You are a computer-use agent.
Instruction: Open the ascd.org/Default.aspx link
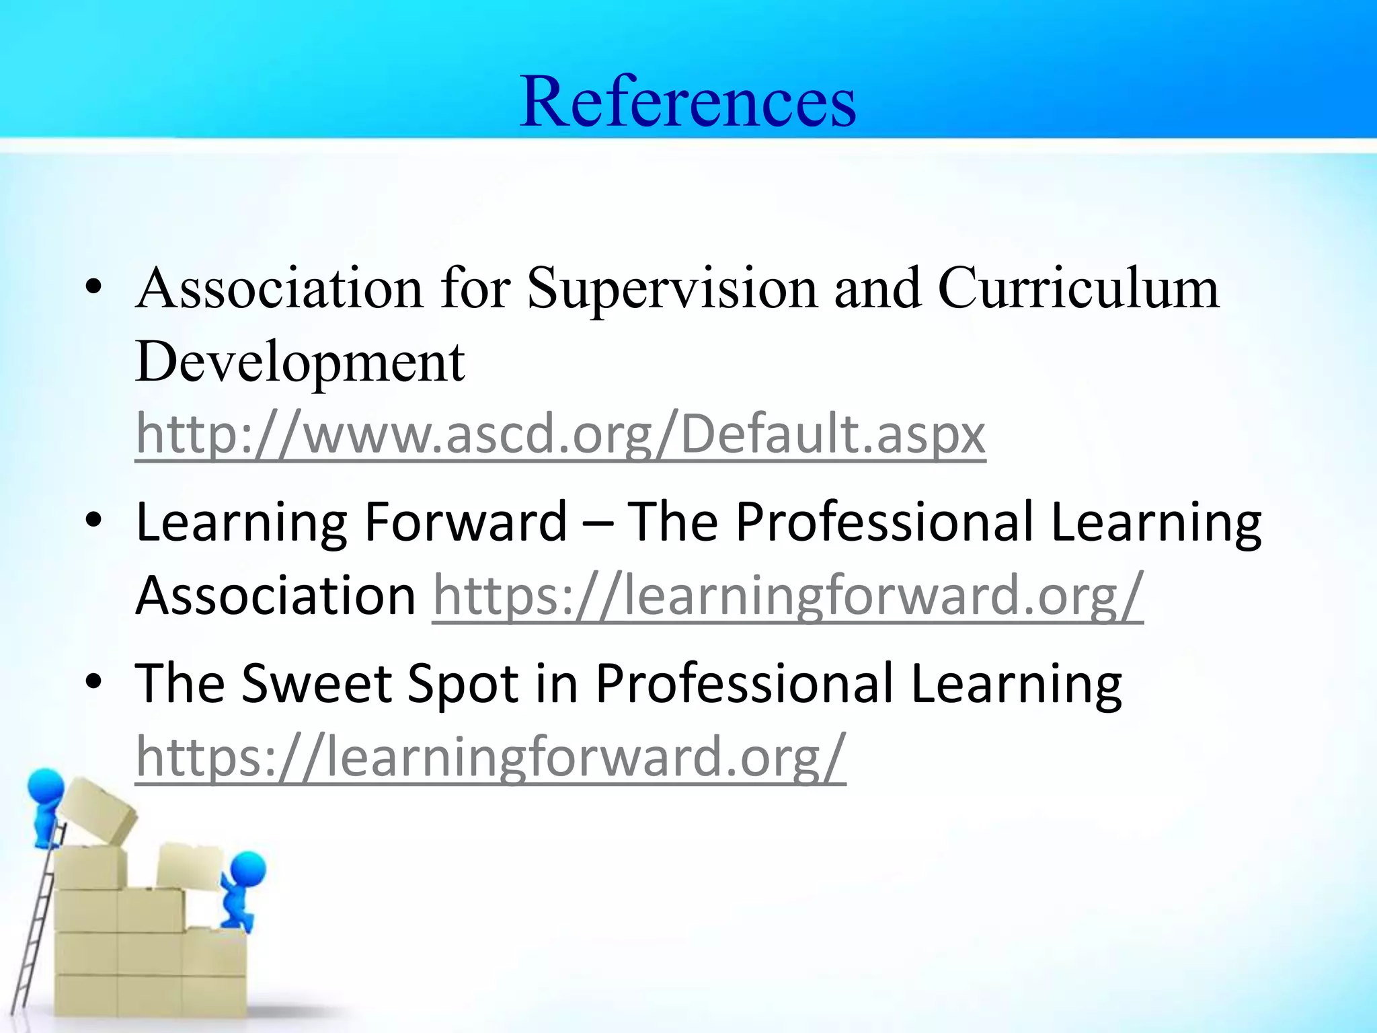[560, 434]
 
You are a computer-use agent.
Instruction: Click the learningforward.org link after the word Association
[787, 595]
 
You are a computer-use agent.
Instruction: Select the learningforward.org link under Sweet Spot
[490, 756]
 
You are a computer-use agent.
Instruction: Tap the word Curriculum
[1078, 288]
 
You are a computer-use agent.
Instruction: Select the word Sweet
[316, 683]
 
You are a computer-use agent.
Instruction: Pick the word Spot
[463, 685]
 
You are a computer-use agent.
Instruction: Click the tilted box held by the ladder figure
[97, 810]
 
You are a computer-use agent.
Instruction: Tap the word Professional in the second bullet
[884, 522]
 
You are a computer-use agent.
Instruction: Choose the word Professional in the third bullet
[744, 683]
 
